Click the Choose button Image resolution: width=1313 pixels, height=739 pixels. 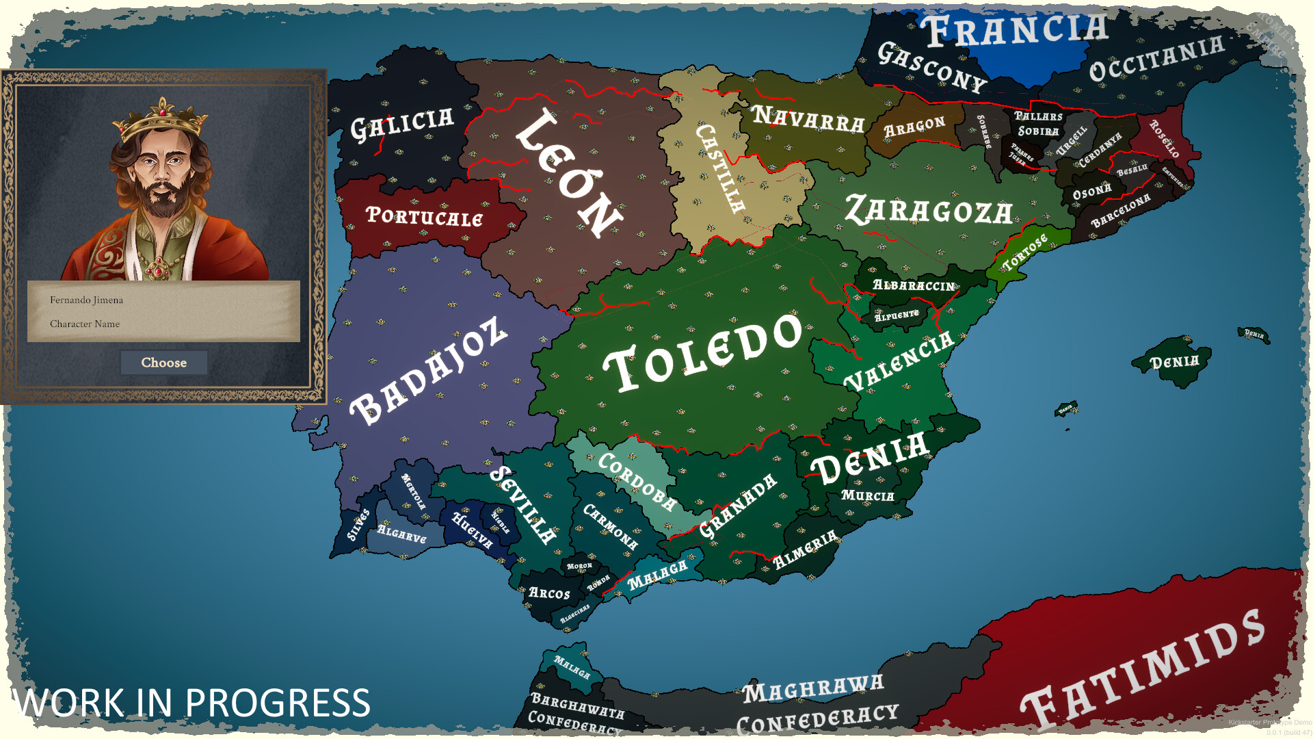[164, 363]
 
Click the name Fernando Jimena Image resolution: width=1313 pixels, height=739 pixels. [87, 300]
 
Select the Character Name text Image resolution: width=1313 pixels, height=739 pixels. [85, 324]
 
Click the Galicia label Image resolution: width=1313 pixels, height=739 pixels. [402, 124]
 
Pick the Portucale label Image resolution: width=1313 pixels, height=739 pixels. [425, 216]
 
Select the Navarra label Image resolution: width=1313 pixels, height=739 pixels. [809, 120]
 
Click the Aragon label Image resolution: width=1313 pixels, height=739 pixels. [914, 127]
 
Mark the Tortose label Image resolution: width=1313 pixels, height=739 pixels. [1024, 252]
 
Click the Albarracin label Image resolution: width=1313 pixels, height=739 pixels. [914, 285]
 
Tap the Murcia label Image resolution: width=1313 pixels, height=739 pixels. [868, 495]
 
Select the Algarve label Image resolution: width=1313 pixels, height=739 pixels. [401, 534]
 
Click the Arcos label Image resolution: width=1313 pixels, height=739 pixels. [549, 593]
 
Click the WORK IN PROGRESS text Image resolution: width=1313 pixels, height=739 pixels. [191, 703]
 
